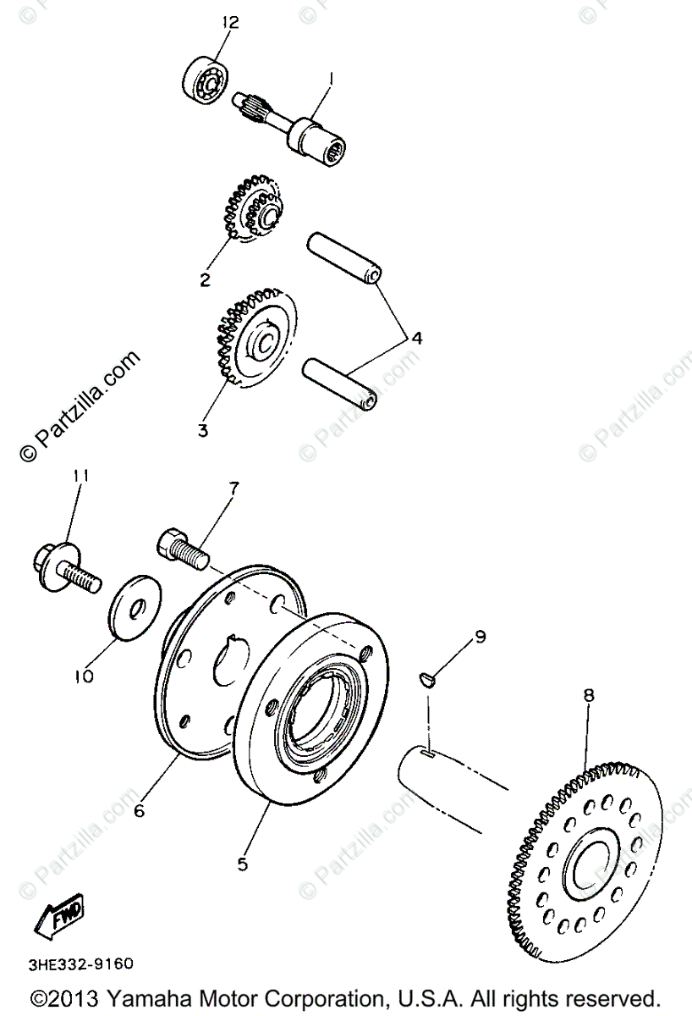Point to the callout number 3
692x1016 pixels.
point(203,429)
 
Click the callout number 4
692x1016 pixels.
point(416,337)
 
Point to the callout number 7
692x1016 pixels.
point(233,488)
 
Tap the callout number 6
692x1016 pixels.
point(140,810)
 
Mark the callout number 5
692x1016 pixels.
point(242,864)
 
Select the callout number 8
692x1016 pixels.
point(589,695)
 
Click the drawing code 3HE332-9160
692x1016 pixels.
point(81,964)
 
